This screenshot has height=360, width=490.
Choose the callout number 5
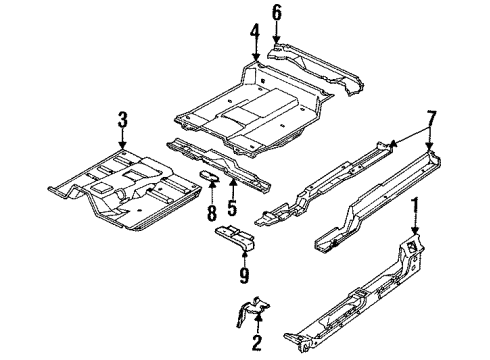click(232, 211)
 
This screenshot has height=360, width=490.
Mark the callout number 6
click(277, 12)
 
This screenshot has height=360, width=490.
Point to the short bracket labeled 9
click(237, 236)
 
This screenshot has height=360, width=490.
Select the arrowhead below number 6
click(277, 37)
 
